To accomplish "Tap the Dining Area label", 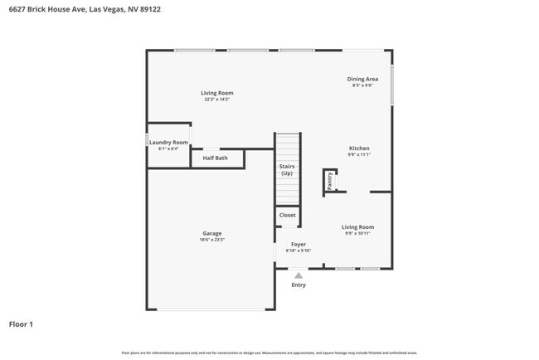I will click(362, 79).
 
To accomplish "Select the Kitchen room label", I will click(358, 148).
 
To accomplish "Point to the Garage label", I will click(212, 233).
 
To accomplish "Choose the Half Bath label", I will click(215, 158).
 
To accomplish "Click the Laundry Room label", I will click(168, 143).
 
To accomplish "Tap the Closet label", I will click(287, 215).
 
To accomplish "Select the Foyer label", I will click(298, 244).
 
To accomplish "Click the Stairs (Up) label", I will click(286, 169).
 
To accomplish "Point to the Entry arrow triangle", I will click(299, 275).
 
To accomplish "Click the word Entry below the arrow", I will click(299, 285).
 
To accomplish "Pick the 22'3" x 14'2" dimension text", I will click(217, 100).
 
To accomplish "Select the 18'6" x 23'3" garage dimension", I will click(212, 240).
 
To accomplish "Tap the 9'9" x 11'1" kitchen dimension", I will click(358, 155).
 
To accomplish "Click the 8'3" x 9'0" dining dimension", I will click(362, 85).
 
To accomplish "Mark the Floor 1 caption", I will click(21, 324).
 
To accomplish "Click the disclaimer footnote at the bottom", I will click(269, 353).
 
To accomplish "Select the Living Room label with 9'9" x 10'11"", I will click(358, 226).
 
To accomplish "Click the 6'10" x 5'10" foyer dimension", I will click(298, 251).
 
